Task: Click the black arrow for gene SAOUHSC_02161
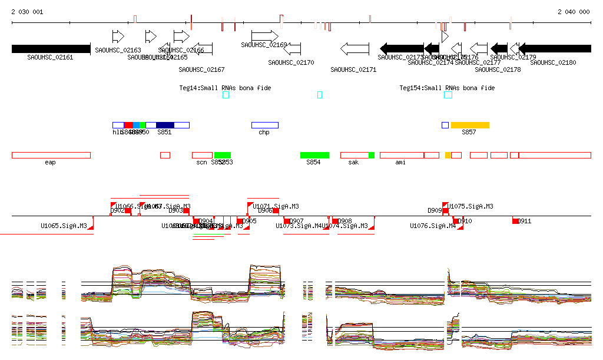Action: (x=51, y=49)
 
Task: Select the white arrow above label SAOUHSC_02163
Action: (x=118, y=36)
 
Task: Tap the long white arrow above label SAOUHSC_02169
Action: (x=264, y=36)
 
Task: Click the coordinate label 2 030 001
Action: (x=27, y=12)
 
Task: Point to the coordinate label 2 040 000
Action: (x=574, y=12)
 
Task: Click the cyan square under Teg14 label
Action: (x=226, y=95)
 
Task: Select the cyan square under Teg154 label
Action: (x=448, y=95)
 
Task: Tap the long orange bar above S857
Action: (x=470, y=125)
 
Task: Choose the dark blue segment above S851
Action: (x=165, y=125)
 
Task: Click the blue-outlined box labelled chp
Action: (x=264, y=125)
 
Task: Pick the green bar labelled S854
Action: (x=314, y=155)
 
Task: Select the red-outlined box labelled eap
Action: (x=51, y=155)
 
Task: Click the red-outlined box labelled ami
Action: (x=402, y=155)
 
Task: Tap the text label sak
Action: (x=353, y=162)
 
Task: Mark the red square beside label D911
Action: (x=516, y=221)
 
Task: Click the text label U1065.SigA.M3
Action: (x=64, y=226)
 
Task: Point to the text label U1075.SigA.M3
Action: (x=471, y=207)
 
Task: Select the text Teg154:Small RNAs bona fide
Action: (x=447, y=88)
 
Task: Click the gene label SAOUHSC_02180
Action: (x=553, y=62)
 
